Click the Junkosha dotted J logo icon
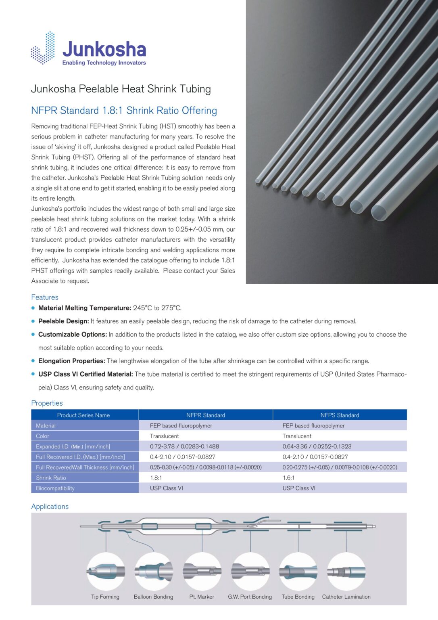(43, 48)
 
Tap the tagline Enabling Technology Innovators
(104, 63)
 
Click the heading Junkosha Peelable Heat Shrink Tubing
(121, 89)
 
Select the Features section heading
(45, 297)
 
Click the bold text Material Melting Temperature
(85, 308)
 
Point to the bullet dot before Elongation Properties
(33, 361)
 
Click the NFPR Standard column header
(205, 415)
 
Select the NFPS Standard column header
(340, 415)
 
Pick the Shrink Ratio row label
(51, 478)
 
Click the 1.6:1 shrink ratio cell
(288, 478)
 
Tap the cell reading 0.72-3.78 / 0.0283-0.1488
(184, 446)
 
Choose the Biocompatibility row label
(55, 488)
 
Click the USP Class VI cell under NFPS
(299, 488)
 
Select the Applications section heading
(50, 507)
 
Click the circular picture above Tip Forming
(106, 571)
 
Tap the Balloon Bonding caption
(153, 597)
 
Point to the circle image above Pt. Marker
(202, 571)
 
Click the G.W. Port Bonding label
(250, 597)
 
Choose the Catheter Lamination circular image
(346, 571)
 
